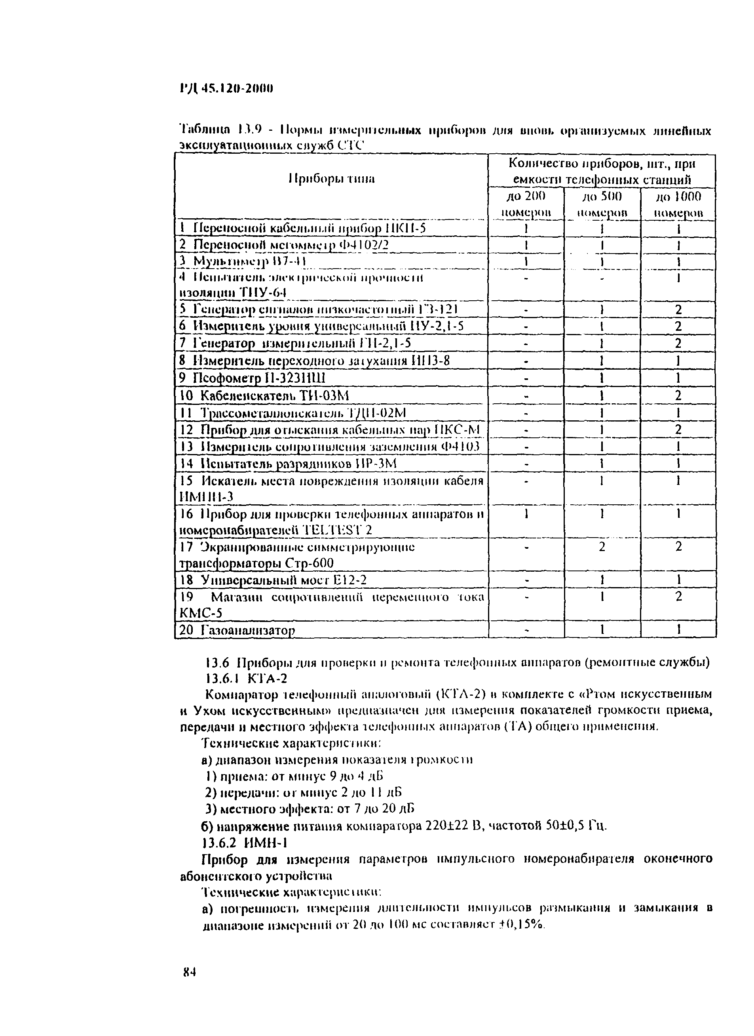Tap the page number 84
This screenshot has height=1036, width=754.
click(x=189, y=985)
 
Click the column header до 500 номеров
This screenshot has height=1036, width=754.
click(x=602, y=204)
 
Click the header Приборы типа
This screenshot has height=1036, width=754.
click(x=331, y=179)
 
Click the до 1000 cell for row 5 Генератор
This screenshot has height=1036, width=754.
click(x=678, y=310)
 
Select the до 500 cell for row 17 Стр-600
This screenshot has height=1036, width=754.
click(x=602, y=547)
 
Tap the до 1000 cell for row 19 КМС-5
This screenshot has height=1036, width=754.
click(x=678, y=597)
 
